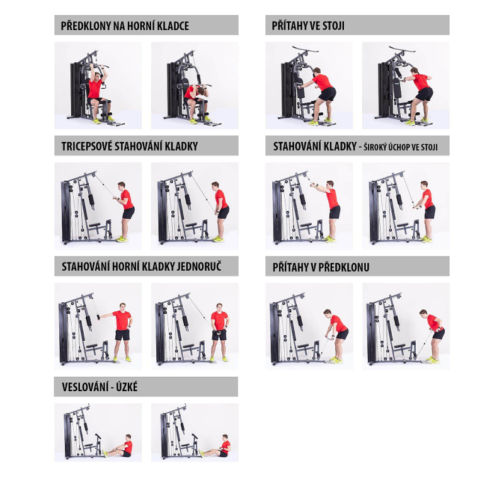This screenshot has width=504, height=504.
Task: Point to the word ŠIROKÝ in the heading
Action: (375, 147)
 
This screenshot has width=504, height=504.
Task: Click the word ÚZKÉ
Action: (127, 387)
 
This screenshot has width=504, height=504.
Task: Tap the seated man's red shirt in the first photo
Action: (95, 88)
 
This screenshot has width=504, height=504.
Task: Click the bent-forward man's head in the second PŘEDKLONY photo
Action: (202, 92)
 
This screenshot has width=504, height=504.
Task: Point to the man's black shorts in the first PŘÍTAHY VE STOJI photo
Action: (327, 94)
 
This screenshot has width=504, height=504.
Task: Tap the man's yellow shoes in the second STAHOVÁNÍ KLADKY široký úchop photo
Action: (427, 239)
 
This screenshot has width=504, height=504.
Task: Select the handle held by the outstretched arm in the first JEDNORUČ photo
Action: (98, 318)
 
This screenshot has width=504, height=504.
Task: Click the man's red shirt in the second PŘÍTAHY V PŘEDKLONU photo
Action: (434, 322)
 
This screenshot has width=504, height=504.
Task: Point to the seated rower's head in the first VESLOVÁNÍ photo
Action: (129, 437)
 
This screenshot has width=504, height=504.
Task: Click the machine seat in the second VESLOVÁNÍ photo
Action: (186, 445)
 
